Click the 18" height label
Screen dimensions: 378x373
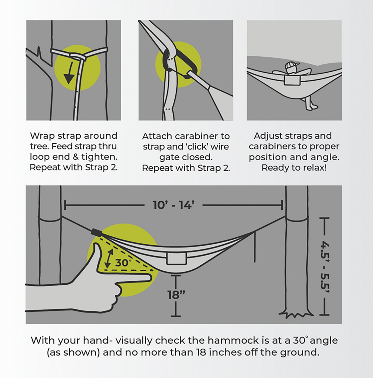176,295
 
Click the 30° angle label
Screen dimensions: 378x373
122,263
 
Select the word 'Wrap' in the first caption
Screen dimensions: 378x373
42,136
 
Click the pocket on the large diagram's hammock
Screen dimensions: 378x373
176,259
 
